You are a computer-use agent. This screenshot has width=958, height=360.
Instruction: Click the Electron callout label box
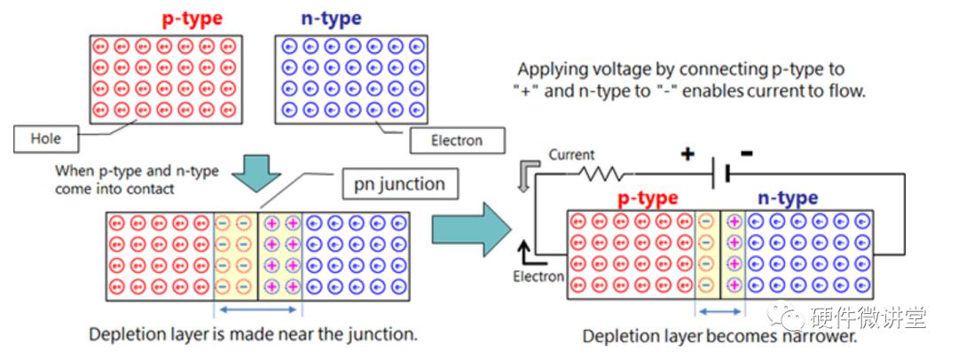pos(457,140)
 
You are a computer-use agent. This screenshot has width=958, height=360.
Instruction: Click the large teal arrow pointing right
pos(471,233)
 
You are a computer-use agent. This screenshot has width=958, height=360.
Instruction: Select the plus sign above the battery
pos(687,154)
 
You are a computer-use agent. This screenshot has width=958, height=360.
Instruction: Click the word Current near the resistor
pos(571,155)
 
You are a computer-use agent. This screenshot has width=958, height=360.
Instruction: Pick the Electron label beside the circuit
pos(538,277)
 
